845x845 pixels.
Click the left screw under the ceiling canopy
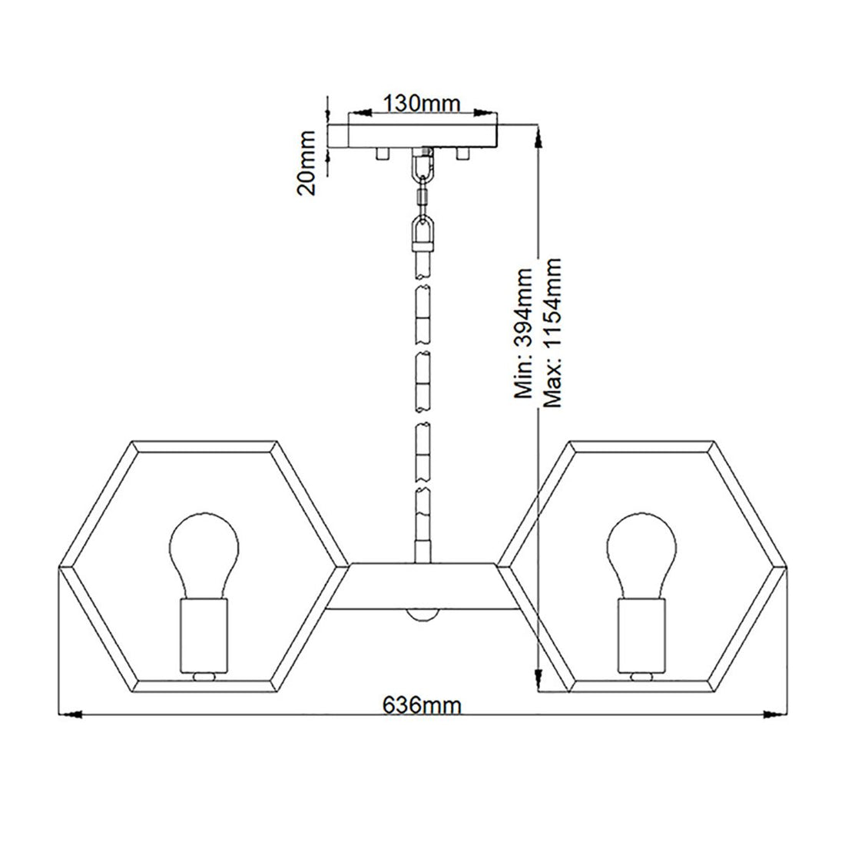tap(380, 154)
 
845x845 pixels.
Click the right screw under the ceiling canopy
tap(463, 154)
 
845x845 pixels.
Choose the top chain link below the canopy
tap(422, 165)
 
